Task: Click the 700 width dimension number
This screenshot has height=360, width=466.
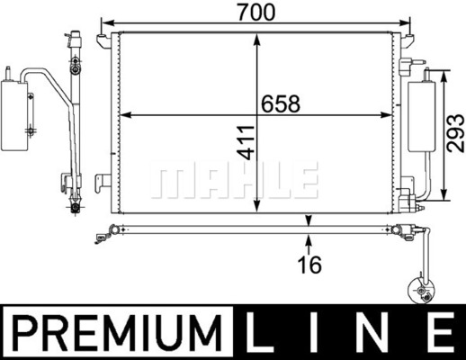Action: click(255, 13)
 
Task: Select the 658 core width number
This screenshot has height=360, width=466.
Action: click(281, 103)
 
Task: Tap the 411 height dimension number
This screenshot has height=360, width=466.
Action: click(246, 142)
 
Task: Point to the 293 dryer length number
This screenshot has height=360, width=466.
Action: click(455, 133)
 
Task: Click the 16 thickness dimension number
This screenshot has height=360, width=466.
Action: click(309, 265)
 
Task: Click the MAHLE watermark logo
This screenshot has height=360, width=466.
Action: click(234, 180)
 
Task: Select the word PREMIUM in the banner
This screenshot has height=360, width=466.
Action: click(117, 333)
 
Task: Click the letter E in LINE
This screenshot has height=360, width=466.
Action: click(442, 332)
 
